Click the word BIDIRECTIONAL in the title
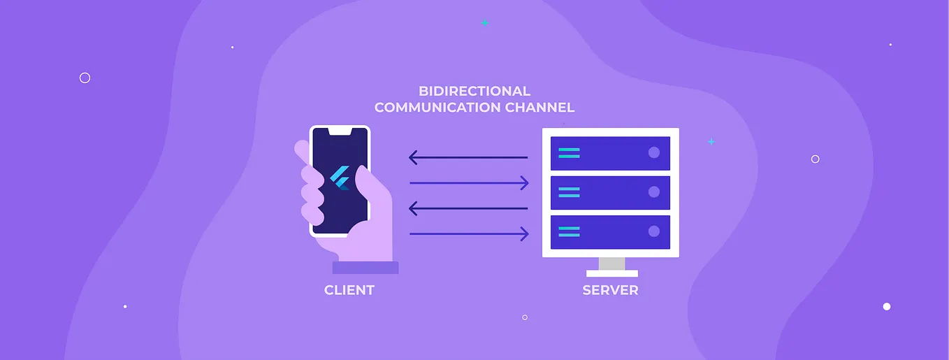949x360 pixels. tap(474, 91)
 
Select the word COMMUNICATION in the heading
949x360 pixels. tap(438, 108)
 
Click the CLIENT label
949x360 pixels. tap(349, 290)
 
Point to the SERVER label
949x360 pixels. tap(610, 290)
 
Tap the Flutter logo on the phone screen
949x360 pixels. tap(340, 180)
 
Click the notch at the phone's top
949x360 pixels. tap(340, 131)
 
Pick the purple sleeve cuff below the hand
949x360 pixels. tap(365, 268)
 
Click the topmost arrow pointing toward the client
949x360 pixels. tap(468, 157)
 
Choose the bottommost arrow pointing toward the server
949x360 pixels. tap(468, 234)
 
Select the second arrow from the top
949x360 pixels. tap(468, 183)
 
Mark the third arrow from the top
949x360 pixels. tap(468, 208)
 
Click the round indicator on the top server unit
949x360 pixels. tap(654, 152)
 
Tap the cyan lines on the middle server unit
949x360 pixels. tap(569, 192)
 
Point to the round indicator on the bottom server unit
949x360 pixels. tap(654, 231)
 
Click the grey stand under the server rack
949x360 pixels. tap(611, 264)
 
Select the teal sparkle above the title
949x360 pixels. tap(484, 23)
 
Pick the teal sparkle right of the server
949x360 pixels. tap(711, 141)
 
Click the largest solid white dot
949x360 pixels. tap(887, 306)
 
